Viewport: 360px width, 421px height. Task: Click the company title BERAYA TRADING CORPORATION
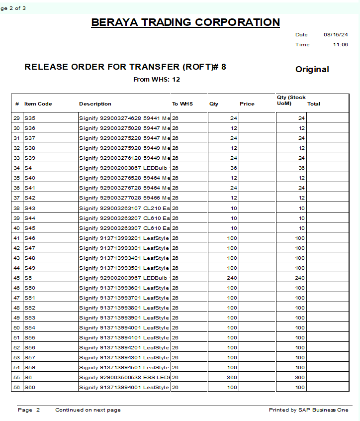[x=185, y=22]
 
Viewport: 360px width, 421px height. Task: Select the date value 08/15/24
[x=336, y=35]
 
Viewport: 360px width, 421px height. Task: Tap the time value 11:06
[x=341, y=45]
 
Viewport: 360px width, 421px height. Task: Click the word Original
[x=312, y=70]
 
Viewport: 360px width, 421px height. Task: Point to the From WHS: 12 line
[x=157, y=79]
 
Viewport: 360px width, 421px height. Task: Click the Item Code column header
[x=38, y=104]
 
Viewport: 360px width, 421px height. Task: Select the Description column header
[x=95, y=104]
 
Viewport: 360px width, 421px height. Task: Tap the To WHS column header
[x=182, y=104]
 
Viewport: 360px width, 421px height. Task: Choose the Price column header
[x=247, y=104]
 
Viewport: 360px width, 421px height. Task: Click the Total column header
[x=314, y=104]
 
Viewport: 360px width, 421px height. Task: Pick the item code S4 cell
[x=28, y=168]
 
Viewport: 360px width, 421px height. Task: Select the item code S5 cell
[x=28, y=278]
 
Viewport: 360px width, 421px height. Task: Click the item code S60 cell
[x=30, y=387]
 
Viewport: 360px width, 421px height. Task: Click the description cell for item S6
[x=124, y=377]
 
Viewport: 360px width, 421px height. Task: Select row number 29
[x=17, y=118]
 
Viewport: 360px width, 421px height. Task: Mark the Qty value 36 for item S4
[x=234, y=168]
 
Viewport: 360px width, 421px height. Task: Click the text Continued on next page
[x=88, y=410]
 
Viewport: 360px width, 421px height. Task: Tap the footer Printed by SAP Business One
[x=308, y=410]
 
